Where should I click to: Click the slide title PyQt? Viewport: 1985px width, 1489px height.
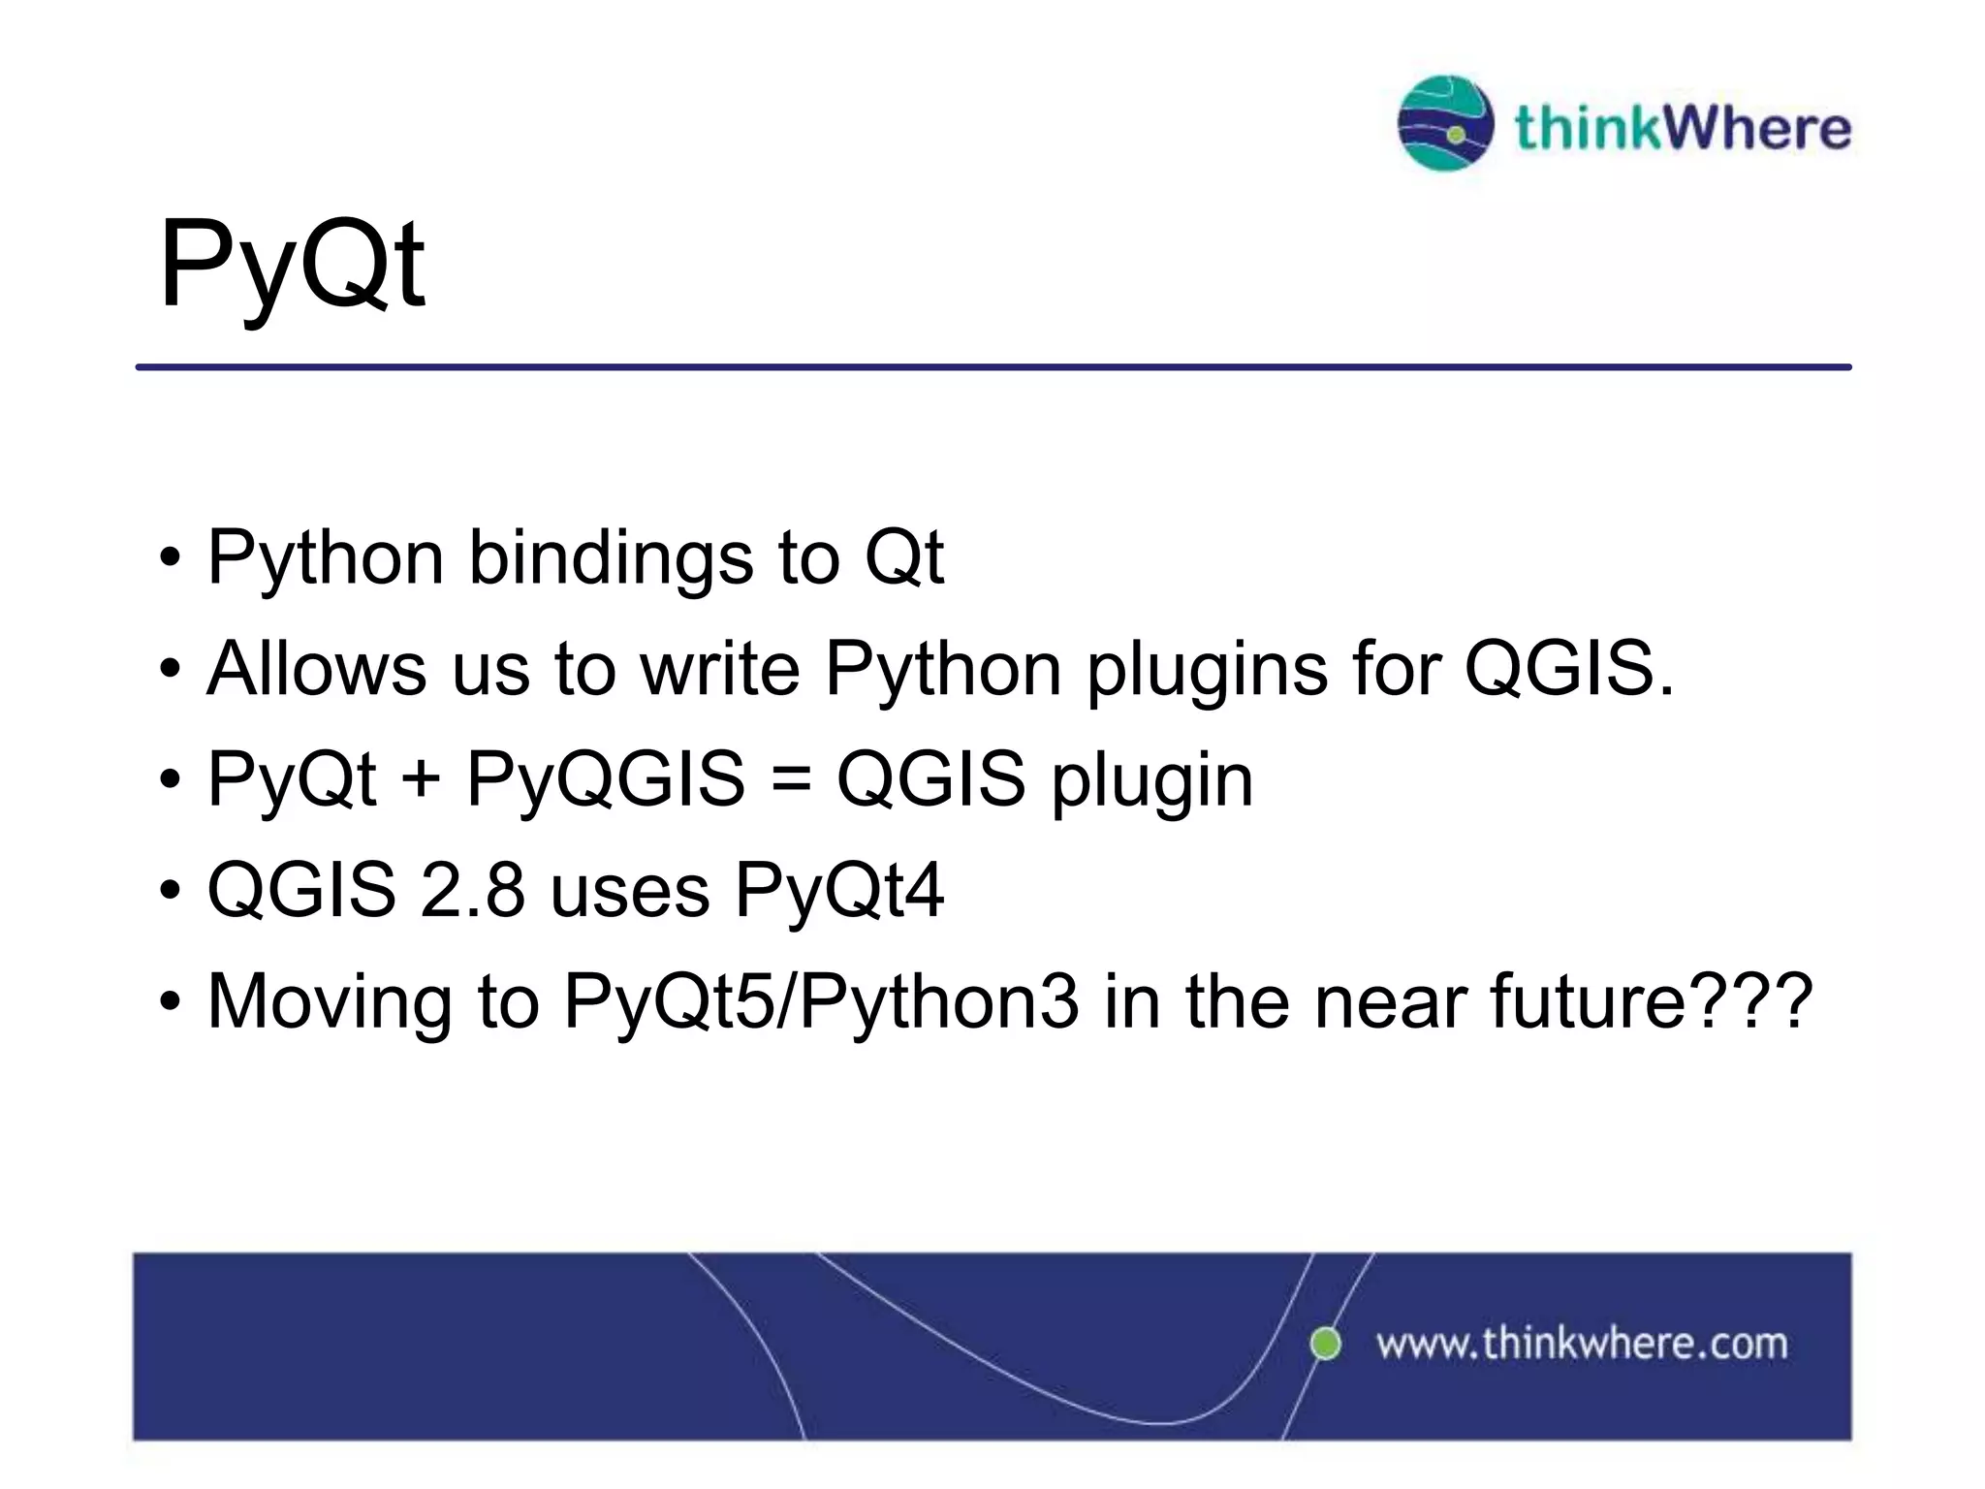click(x=291, y=264)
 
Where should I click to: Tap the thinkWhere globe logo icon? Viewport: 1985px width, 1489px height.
click(x=1445, y=123)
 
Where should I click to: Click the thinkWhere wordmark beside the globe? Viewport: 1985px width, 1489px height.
click(x=1683, y=128)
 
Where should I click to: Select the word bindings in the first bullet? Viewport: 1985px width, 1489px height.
click(x=611, y=558)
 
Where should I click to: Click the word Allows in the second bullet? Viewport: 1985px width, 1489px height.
click(x=316, y=669)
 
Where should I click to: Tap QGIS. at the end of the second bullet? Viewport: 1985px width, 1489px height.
click(x=1568, y=669)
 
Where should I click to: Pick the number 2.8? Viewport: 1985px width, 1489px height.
click(x=472, y=891)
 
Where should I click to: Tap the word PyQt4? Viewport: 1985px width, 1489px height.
click(x=838, y=891)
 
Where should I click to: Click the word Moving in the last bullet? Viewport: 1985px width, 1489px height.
click(x=330, y=1000)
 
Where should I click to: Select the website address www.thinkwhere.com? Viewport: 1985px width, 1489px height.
click(x=1582, y=1345)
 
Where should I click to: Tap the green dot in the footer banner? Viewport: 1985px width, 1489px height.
click(x=1325, y=1344)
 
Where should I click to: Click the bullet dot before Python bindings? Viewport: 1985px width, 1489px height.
click(x=171, y=560)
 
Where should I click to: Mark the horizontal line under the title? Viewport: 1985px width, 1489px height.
click(x=992, y=367)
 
